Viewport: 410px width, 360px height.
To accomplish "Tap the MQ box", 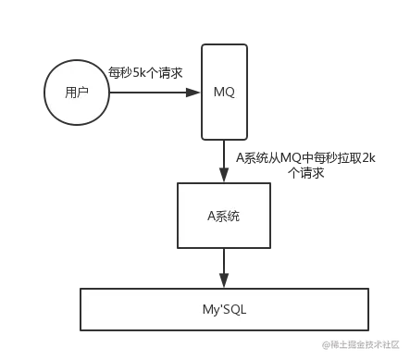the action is [x=223, y=91].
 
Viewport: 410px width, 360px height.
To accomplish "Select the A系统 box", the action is [x=224, y=215].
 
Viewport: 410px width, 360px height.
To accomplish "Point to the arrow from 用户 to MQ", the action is [x=153, y=93].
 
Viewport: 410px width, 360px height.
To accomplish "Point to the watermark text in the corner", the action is [x=362, y=343].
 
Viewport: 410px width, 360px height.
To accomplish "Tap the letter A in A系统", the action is [x=211, y=215].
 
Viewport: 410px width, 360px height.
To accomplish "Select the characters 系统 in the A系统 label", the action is [x=229, y=215].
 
